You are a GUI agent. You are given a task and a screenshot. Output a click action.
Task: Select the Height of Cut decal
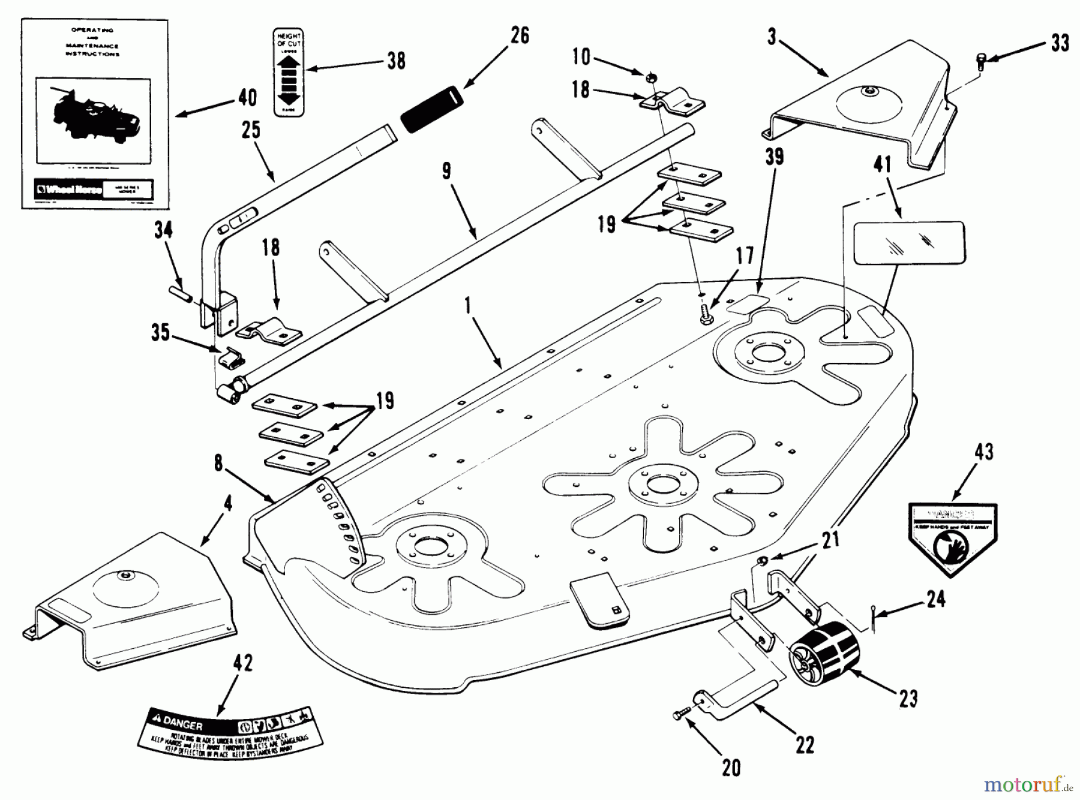click(x=289, y=72)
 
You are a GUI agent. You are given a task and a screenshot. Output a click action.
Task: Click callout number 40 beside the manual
click(x=247, y=98)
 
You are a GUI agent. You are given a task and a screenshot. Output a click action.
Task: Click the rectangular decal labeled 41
click(x=908, y=242)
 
